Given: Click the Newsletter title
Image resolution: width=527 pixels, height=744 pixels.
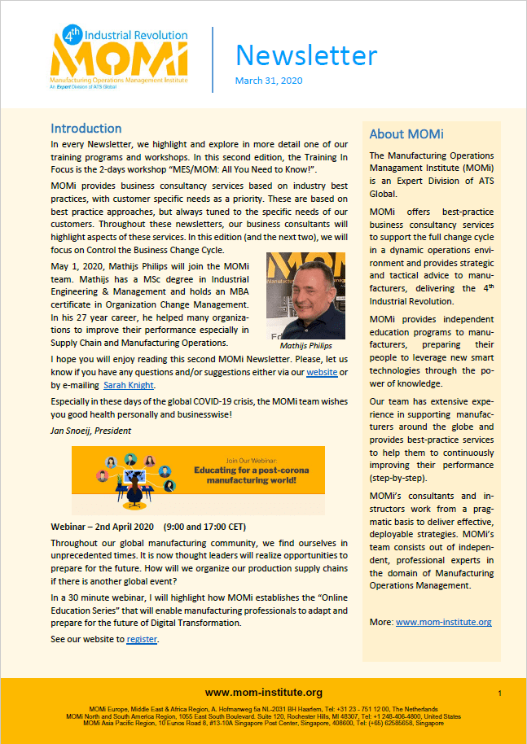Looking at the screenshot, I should coord(306,55).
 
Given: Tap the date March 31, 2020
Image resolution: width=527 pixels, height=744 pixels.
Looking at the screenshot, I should coord(268,81).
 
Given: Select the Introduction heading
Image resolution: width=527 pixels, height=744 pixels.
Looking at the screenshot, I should coord(86,129).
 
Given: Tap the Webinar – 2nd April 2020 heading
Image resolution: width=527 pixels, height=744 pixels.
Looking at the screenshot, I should coord(103,525).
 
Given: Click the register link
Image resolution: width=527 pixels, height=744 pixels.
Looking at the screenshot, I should coord(142,640).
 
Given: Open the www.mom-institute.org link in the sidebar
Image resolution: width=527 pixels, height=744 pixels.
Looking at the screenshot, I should coord(443,623).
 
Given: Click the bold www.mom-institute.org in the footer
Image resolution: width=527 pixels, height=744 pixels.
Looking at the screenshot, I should coord(264,693).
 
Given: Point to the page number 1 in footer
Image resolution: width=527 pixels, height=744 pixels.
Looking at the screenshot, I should coord(499,693).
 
